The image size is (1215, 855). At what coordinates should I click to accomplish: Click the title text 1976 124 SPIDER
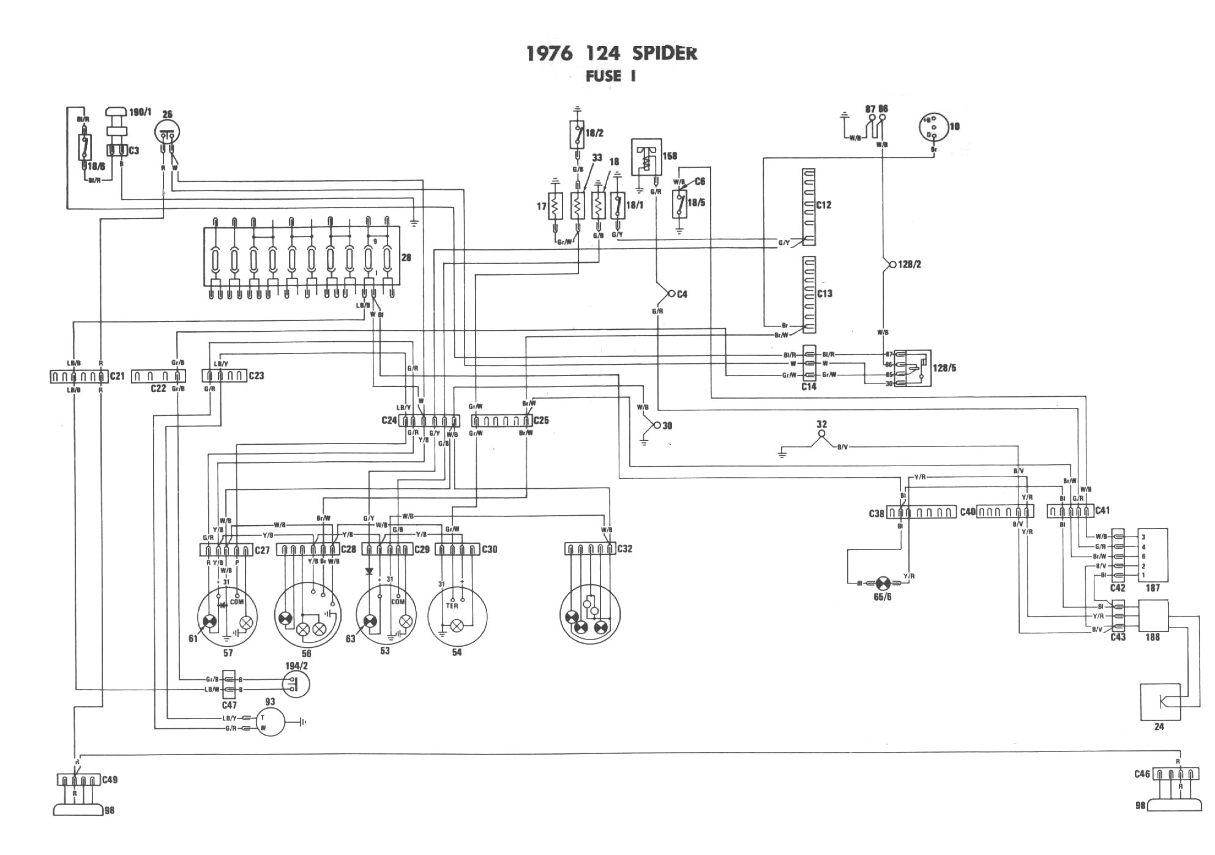click(x=611, y=53)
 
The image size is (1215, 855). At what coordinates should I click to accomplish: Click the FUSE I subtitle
click(x=611, y=77)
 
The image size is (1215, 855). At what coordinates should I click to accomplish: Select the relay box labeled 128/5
click(x=912, y=368)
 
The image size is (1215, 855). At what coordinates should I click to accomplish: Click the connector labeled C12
click(x=809, y=207)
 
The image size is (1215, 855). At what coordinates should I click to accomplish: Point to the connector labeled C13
click(x=809, y=295)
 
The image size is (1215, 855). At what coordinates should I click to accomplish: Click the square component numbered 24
click(x=1160, y=702)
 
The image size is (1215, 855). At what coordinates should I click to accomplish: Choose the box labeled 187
click(x=1153, y=555)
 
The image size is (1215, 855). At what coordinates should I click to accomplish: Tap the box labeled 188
click(x=1153, y=616)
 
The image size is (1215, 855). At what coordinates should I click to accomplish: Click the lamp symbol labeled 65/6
click(x=883, y=583)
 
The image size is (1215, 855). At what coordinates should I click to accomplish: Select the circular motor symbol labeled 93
click(x=270, y=721)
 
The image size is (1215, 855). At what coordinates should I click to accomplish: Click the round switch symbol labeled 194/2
click(x=296, y=684)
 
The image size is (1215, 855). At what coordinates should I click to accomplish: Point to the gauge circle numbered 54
click(x=457, y=616)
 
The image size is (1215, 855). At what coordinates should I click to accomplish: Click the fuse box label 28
click(x=406, y=258)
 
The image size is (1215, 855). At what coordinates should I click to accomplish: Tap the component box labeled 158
click(x=646, y=157)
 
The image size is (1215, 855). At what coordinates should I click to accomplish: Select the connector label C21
click(x=117, y=375)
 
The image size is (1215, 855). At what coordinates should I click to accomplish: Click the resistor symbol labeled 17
click(x=555, y=206)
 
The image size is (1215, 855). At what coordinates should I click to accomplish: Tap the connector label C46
click(x=1142, y=774)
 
